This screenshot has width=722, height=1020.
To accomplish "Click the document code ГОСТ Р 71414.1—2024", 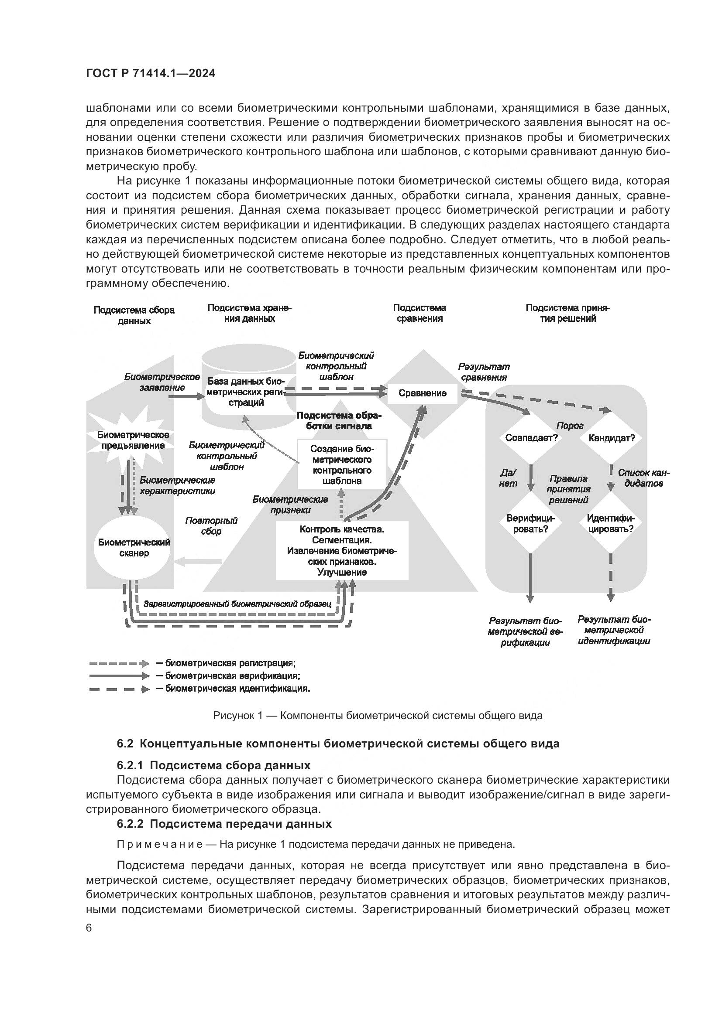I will (150, 74).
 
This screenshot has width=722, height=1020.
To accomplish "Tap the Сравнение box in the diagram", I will (422, 393).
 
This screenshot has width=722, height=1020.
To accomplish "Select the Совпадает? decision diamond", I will (531, 438).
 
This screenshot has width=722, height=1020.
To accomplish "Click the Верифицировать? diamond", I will (530, 524).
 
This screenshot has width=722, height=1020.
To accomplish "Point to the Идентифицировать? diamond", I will (610, 524).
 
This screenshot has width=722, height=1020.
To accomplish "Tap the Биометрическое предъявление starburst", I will (133, 440).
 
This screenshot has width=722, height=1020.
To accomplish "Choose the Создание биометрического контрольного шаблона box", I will (342, 465).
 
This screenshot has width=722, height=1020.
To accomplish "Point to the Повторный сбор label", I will (211, 526).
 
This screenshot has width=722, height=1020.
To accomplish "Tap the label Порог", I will (570, 426).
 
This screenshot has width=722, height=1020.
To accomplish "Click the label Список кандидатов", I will (643, 478).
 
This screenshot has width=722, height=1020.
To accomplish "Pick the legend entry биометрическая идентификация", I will (237, 689).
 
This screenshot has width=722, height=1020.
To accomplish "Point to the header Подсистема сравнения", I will (419, 313).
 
